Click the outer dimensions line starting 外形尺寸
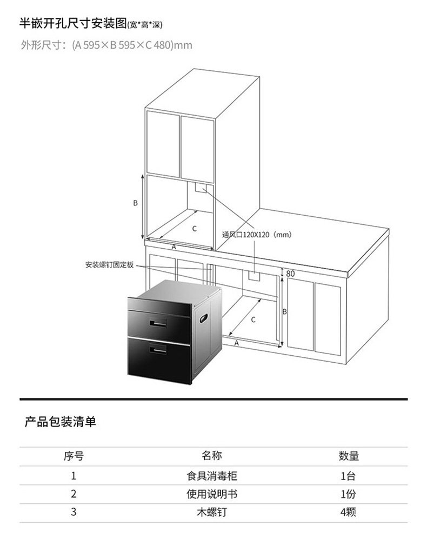[x=106, y=45]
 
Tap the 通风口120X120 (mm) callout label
[x=257, y=235]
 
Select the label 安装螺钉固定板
[x=109, y=265]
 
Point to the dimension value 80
[x=290, y=274]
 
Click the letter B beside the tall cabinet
[x=136, y=203]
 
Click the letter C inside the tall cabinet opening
[x=194, y=229]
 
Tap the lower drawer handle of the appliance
[x=159, y=352]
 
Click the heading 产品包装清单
[x=61, y=422]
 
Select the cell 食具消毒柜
[x=212, y=476]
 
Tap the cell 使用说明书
[x=212, y=494]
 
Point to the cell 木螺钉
[x=212, y=512]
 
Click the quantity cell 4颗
[x=349, y=512]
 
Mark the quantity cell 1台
[x=349, y=476]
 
